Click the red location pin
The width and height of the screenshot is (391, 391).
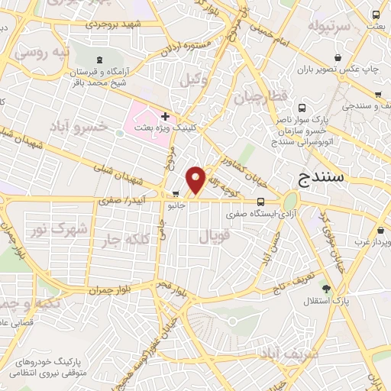(196, 179)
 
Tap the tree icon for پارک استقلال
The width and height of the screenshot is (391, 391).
(327, 288)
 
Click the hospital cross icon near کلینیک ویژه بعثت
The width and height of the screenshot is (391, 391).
(165, 115)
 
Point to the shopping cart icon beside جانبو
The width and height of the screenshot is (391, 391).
(176, 193)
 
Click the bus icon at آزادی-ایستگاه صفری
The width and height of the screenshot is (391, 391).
(261, 202)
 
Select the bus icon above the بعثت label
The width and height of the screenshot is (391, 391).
(376, 15)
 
